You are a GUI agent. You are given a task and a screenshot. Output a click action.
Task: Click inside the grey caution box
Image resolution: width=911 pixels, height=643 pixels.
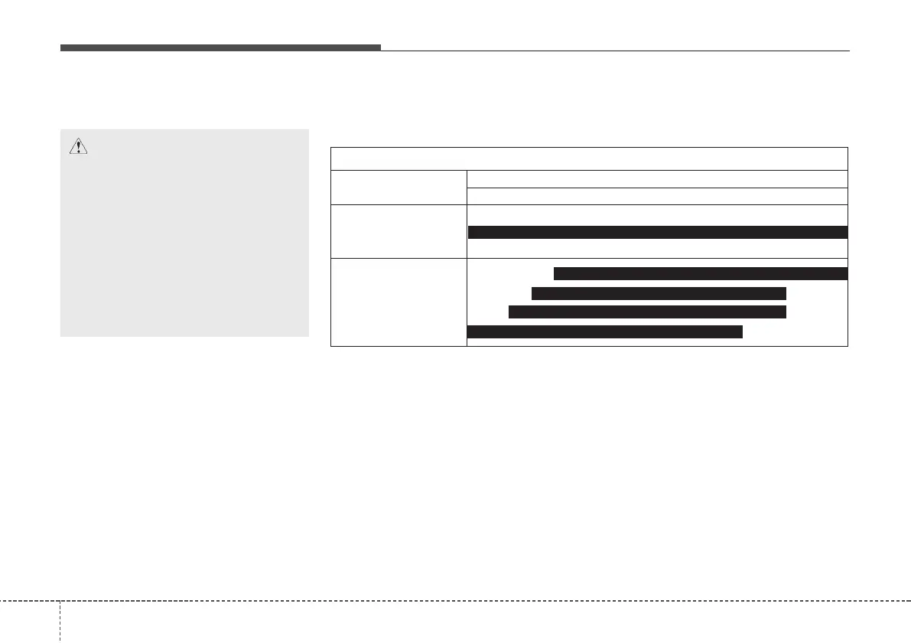pos(184,245)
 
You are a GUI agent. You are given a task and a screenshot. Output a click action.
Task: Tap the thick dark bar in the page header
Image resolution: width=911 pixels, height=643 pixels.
pos(220,47)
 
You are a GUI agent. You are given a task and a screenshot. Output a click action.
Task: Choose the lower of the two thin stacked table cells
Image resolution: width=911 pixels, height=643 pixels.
pos(657,195)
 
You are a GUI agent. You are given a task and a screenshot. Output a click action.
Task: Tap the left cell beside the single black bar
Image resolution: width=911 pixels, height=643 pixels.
pos(399,232)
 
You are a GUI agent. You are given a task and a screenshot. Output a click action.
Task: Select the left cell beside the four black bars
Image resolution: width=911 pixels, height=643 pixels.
pos(399,303)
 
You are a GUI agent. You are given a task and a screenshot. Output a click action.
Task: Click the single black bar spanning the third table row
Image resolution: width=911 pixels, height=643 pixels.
pos(657,233)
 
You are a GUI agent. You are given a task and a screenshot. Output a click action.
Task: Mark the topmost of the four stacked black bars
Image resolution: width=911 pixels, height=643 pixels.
pos(701,274)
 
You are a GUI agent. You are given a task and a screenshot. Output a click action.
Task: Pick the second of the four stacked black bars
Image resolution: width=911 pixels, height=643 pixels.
pos(659,293)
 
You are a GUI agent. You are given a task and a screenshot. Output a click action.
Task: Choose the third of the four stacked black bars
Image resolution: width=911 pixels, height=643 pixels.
pos(647,312)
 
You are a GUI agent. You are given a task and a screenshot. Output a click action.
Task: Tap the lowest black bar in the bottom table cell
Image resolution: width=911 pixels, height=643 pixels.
pos(604,331)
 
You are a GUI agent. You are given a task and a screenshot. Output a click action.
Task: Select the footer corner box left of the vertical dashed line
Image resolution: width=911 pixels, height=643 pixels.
pos(29,621)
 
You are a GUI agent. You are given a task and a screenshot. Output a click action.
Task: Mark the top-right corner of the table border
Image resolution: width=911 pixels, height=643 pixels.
pos(848,147)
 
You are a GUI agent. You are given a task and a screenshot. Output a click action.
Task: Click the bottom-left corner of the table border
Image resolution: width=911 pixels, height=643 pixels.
pos(330,347)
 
